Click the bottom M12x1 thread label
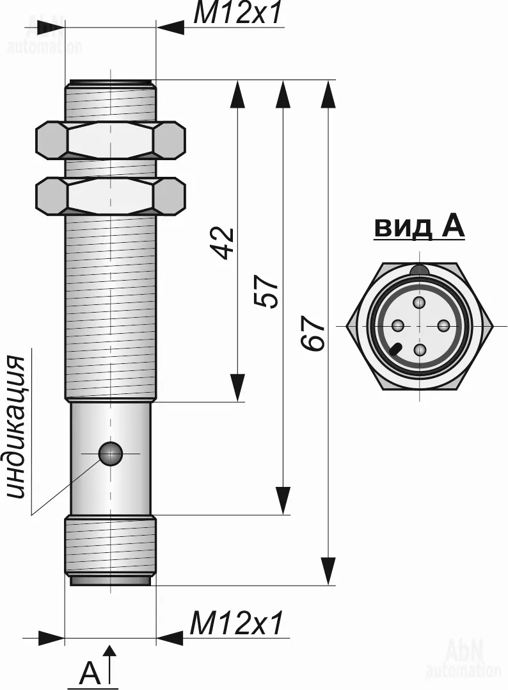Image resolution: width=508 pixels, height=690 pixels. pos(235,622)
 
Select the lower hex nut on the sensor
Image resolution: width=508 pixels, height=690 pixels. pos(110,195)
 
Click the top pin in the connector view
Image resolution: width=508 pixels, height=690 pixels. pos(420,303)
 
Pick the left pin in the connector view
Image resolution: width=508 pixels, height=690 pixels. pos(399,326)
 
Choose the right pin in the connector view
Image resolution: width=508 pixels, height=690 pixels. pos(443,326)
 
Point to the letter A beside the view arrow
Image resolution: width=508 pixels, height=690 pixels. pos(90,671)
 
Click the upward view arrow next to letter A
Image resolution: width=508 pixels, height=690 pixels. pos(110,664)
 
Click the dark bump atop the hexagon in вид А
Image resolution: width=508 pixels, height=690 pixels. pos(420,269)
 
